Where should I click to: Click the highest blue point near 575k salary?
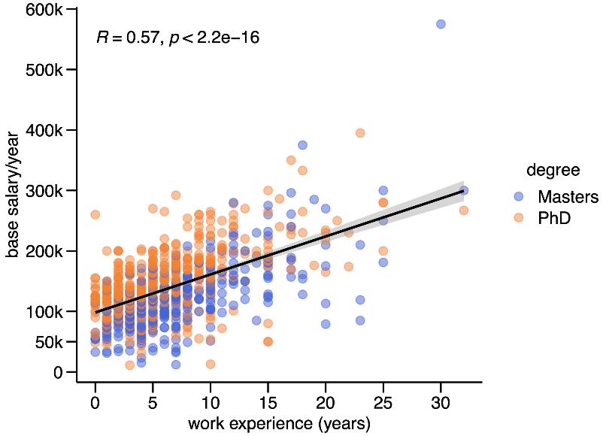(441, 24)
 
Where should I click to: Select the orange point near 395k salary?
(360, 133)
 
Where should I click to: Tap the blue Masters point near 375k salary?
(302, 145)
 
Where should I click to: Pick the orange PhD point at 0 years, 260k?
(95, 214)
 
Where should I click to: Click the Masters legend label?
(568, 196)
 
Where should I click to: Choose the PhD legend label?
(554, 219)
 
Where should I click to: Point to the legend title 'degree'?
(553, 170)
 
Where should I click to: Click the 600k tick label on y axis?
(44, 10)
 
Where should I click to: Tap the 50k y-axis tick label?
(48, 342)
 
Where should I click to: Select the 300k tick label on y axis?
(44, 191)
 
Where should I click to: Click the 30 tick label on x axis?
(441, 403)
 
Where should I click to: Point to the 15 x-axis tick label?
(268, 403)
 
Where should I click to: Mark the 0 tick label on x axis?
(95, 403)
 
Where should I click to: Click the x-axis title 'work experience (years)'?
(279, 424)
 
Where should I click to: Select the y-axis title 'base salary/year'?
(12, 195)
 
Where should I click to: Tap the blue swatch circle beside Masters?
(519, 196)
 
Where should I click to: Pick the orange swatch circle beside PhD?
(519, 218)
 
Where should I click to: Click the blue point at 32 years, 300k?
(464, 190)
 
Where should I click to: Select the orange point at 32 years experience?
(464, 210)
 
